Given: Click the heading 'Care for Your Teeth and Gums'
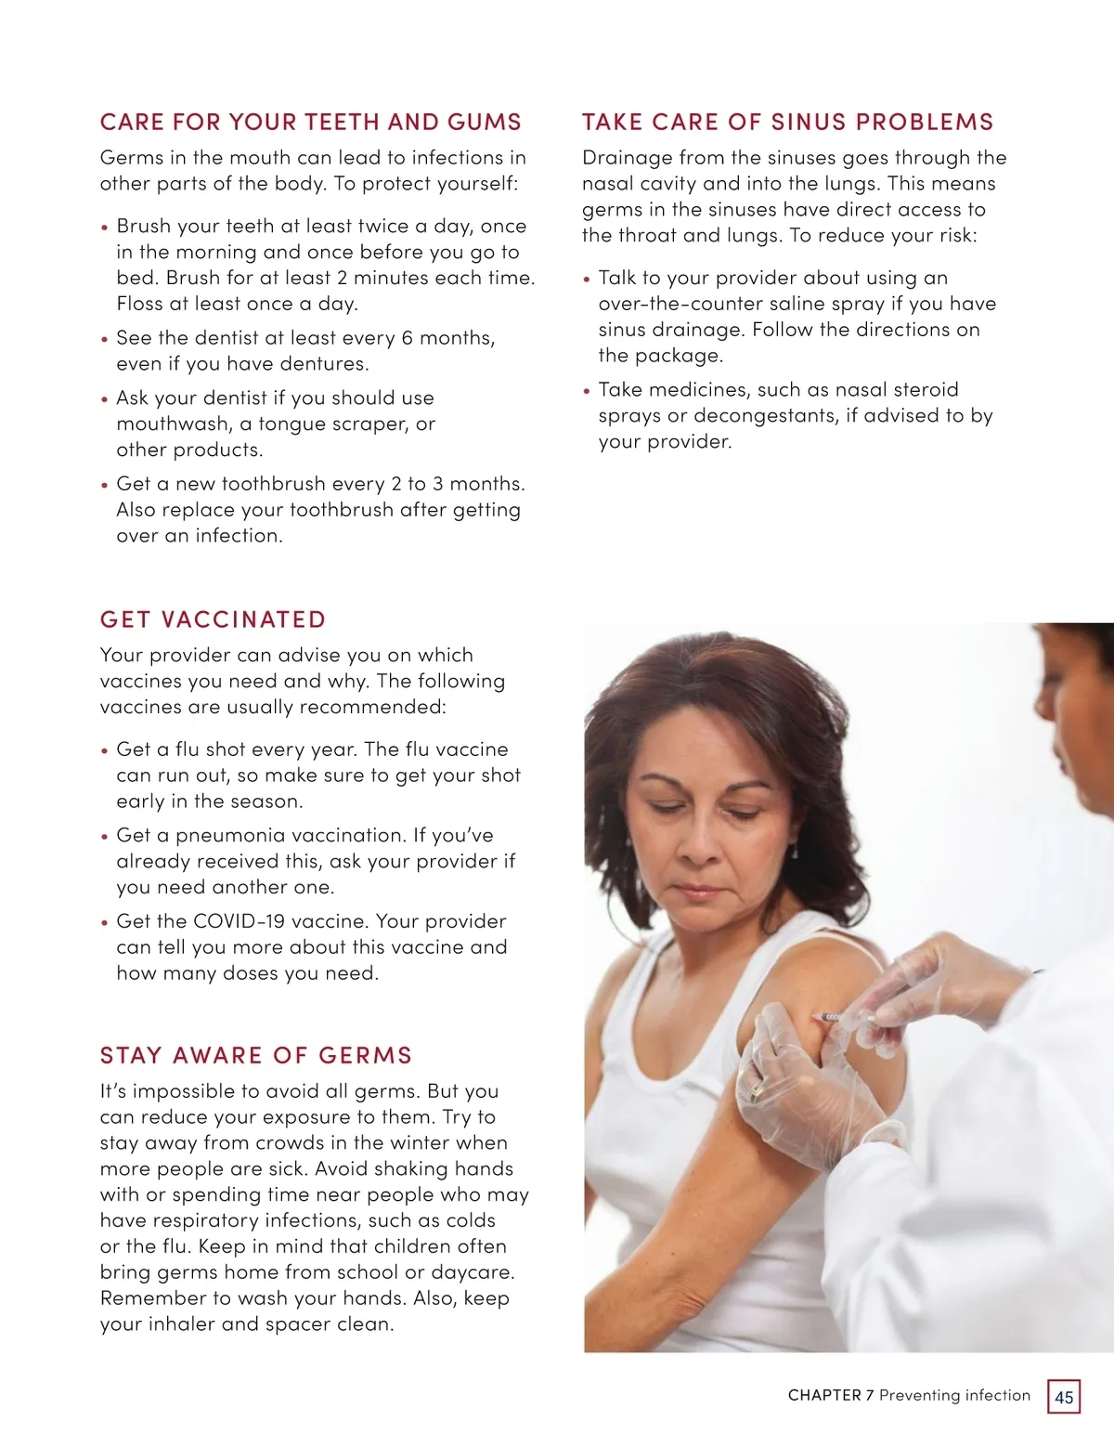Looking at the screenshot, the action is pos(311,122).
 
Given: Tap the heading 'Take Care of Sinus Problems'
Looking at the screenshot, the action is pos(788,122).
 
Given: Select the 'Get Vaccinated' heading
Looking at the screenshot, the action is pos(213,619).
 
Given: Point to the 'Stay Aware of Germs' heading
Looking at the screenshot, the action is pos(256,1055).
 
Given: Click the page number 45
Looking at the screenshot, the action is pos(1064,1397).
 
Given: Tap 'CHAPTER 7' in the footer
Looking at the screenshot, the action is pos(831,1395).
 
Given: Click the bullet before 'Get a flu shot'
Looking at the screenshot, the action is pos(105,750).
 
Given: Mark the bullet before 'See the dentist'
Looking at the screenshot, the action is pos(105,339).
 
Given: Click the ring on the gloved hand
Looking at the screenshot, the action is pos(757,1090).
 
